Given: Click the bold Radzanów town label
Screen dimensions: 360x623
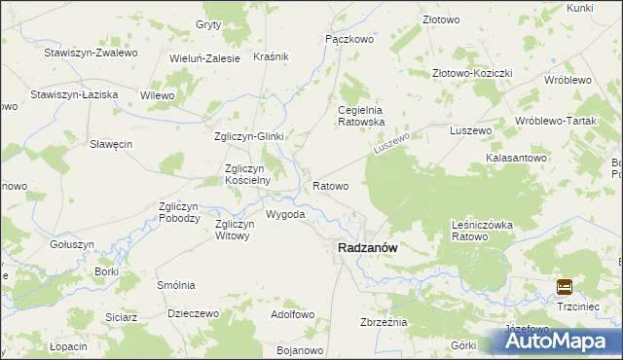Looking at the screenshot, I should [366, 248].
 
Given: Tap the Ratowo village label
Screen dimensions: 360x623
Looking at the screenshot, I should [330, 185].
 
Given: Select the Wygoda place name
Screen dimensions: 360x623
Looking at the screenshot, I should [285, 214].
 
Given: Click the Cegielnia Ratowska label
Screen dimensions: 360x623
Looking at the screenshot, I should [361, 116].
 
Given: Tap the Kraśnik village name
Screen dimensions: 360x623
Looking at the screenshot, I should [271, 57].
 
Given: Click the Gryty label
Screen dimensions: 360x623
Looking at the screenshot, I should [208, 23].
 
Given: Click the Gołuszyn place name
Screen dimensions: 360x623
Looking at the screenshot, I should [71, 244].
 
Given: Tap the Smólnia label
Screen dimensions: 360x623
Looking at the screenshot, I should [176, 285].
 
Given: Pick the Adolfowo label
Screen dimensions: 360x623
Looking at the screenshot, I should [292, 314].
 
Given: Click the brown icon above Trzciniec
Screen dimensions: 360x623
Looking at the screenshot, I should [565, 286].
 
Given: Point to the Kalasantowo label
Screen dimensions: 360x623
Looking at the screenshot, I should [517, 158].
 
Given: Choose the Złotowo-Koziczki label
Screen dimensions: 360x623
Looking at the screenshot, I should [472, 73].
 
